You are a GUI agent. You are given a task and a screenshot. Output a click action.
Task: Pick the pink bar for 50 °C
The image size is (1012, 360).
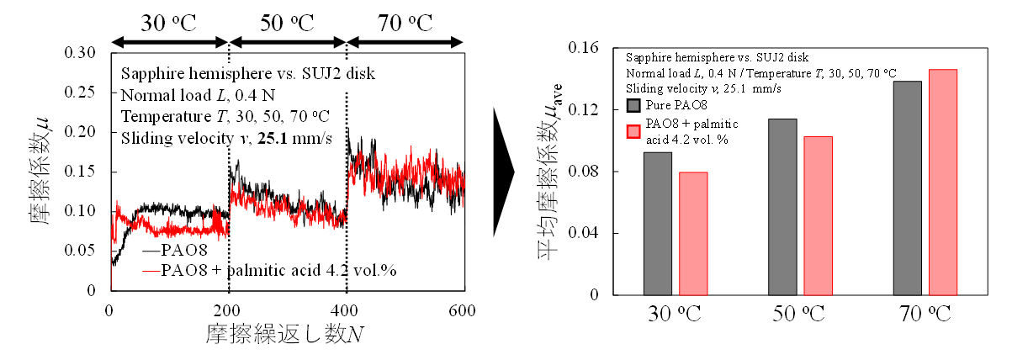point(818,216)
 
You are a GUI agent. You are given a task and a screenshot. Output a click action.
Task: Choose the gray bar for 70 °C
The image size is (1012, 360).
point(908,188)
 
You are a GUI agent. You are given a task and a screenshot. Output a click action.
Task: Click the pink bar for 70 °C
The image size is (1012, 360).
point(943,182)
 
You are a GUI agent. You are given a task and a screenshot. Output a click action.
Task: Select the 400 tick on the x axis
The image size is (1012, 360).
point(346,310)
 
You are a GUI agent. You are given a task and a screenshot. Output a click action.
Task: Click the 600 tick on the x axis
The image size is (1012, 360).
point(464,310)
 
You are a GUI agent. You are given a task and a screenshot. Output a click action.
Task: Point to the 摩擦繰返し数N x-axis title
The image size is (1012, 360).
point(285,335)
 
